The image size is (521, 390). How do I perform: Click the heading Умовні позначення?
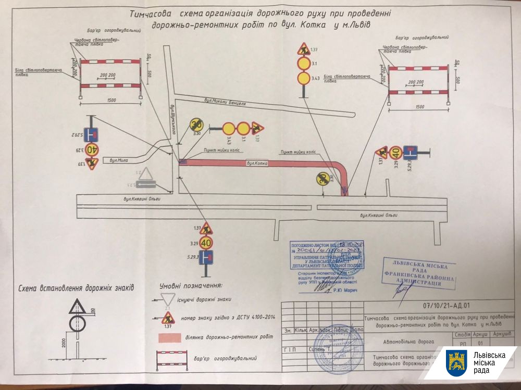click(191, 286)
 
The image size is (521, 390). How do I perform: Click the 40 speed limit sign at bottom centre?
click(206, 243)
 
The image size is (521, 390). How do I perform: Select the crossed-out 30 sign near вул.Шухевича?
click(197, 124)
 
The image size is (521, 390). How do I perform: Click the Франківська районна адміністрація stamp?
click(419, 273)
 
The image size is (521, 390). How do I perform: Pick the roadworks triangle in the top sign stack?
click(303, 51)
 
